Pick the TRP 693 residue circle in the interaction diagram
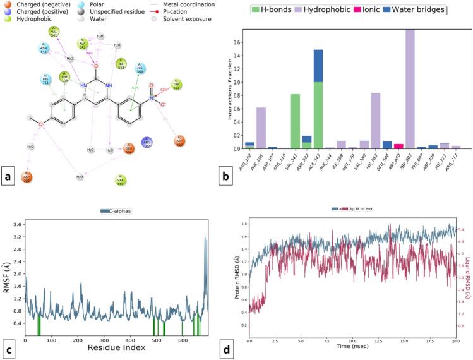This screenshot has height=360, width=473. [x=177, y=85]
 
